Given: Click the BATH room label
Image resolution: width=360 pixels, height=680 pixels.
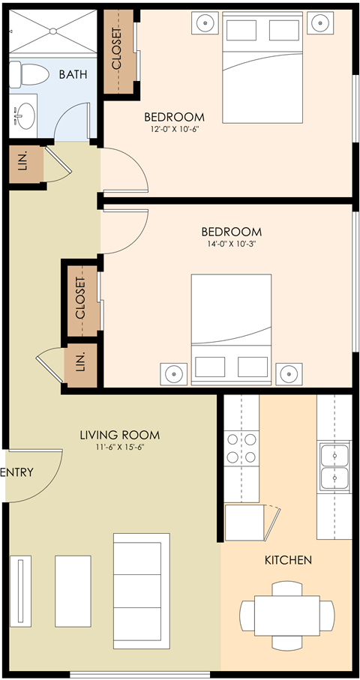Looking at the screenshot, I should point(73,74).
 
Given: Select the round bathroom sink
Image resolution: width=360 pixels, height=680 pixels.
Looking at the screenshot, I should point(25,116).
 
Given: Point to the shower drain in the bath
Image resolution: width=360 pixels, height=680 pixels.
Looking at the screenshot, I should point(53,31).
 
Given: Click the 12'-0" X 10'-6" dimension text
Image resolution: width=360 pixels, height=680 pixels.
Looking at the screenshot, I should point(174,129).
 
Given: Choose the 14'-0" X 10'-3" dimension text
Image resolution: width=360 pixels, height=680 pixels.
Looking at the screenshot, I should point(231,244).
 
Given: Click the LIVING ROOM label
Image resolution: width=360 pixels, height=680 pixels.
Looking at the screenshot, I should point(120,435).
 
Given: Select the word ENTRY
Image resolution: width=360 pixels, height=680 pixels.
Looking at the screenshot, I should point(16,472).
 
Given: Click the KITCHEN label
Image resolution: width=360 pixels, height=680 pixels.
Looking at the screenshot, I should point(288,560).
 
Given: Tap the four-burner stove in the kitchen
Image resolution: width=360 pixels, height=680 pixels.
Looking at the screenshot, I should point(241,448).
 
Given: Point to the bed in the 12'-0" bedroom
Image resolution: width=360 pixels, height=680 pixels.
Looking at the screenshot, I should point(262,75).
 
